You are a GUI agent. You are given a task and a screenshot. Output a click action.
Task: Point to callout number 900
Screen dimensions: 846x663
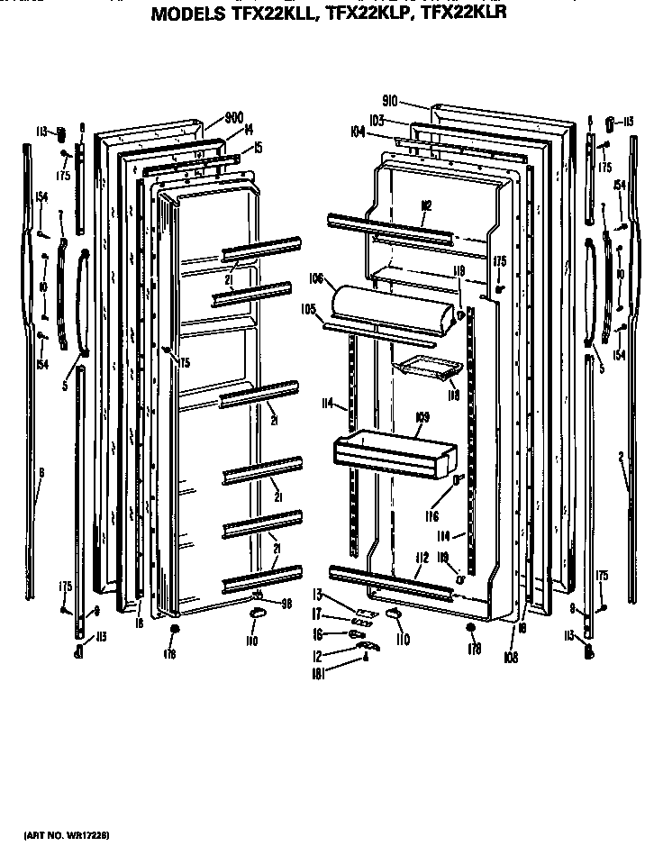tap(234, 117)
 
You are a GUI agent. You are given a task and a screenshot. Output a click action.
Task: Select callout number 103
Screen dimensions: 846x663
tap(377, 119)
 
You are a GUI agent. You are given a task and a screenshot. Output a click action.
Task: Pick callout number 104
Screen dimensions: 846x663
tap(359, 132)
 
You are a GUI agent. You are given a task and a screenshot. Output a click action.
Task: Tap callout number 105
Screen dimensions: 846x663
tap(310, 308)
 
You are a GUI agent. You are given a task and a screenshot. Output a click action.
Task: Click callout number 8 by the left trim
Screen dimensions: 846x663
tap(41, 472)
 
